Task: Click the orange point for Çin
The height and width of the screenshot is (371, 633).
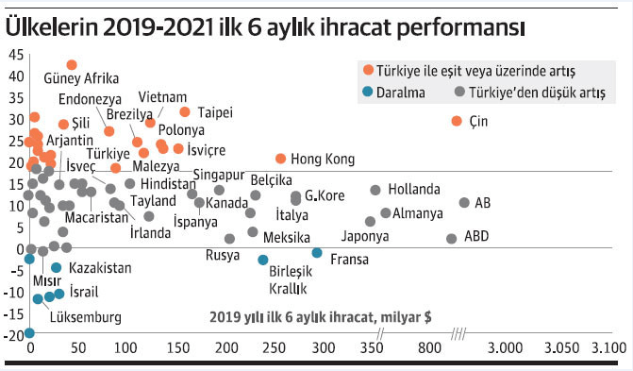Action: [458, 121]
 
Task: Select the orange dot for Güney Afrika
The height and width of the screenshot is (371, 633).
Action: [72, 65]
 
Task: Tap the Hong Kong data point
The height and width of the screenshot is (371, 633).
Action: [280, 159]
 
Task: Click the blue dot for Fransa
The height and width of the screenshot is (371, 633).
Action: [317, 252]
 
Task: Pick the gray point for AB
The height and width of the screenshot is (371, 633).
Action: [464, 203]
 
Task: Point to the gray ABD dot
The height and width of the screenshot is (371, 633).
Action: [451, 239]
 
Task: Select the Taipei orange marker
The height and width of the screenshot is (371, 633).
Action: [185, 111]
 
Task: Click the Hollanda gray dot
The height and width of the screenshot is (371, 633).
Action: [375, 191]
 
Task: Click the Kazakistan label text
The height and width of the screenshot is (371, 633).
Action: [100, 268]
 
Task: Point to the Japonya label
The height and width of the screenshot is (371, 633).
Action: [365, 236]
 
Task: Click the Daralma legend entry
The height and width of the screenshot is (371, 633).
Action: [402, 93]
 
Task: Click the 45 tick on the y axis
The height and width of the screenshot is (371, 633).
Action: [17, 54]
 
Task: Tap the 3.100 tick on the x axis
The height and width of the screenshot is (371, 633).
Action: [607, 349]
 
